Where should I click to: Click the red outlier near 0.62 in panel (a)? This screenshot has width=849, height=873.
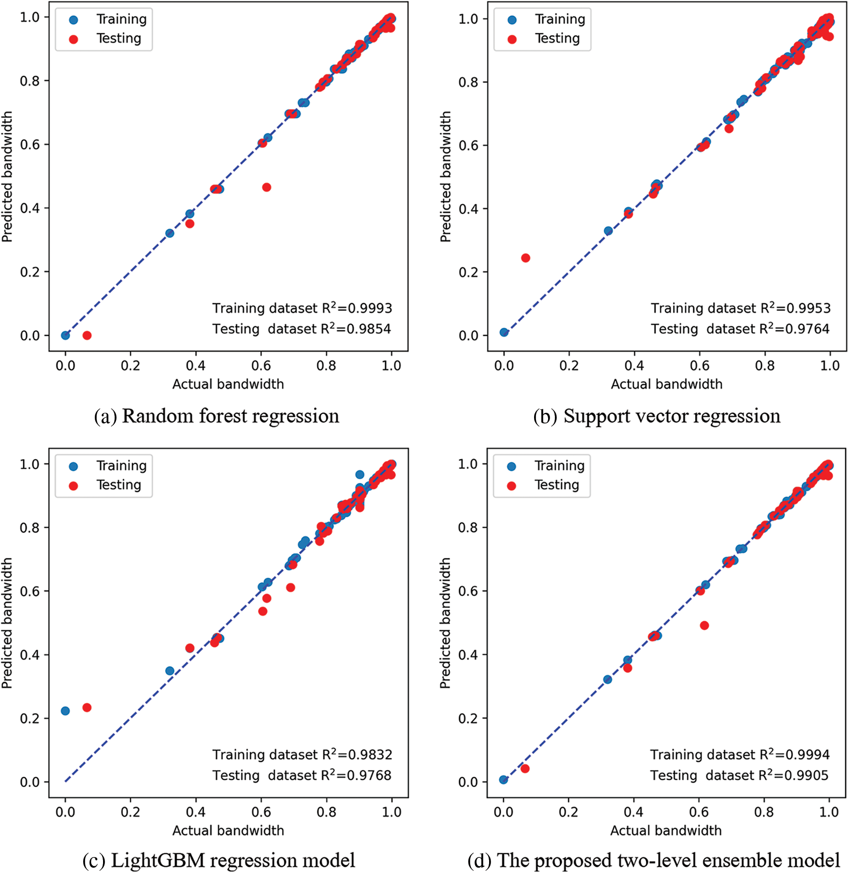pos(267,187)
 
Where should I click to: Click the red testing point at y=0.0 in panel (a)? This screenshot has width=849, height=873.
pos(87,335)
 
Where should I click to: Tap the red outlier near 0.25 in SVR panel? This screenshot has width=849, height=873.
pos(525,258)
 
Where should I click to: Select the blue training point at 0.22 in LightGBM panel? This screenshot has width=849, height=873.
pos(65,711)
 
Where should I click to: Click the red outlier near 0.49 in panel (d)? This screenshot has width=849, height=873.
pos(704,625)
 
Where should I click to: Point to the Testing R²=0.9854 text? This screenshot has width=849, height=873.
pos(301,329)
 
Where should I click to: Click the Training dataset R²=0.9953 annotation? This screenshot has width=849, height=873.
pos(740,308)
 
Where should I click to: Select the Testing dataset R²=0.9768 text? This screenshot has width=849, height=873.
pos(301,775)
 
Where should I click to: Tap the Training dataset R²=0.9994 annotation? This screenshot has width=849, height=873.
pos(740,754)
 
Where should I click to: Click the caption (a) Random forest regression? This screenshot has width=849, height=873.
pos(217,416)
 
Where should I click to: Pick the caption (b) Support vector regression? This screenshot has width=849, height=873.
pos(656,416)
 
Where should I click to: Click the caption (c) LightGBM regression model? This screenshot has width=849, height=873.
pos(219,861)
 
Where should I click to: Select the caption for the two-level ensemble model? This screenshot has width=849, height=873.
pos(654,861)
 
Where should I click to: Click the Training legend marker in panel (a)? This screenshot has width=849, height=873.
pos(74,20)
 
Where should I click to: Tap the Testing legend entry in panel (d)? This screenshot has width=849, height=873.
pos(556,485)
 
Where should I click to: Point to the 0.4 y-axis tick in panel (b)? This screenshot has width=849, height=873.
pos(468,209)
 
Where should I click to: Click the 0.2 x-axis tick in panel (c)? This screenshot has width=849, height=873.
pos(130,812)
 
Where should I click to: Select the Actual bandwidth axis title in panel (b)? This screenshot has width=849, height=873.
pos(666,384)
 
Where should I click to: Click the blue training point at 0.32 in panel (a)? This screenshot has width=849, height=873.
pos(170,233)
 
